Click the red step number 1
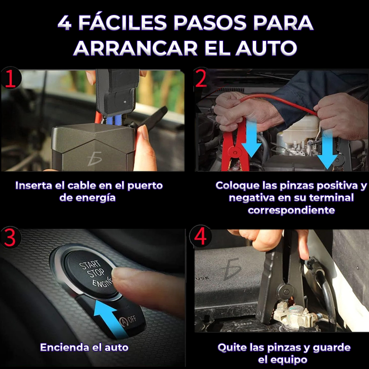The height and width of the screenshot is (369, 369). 10,79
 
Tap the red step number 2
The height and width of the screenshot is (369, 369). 201,78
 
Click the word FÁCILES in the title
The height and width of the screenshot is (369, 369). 123,23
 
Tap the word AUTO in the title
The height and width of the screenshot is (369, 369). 266,48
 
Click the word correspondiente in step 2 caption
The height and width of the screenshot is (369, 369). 292,210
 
